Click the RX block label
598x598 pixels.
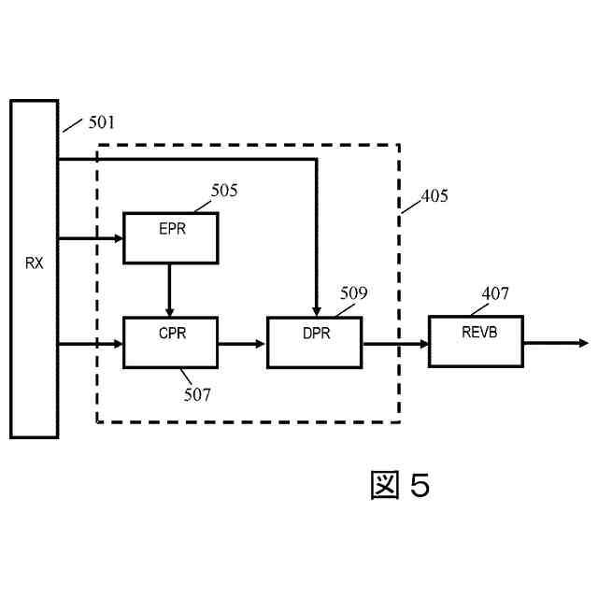coord(34,263)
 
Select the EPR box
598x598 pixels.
coord(171,237)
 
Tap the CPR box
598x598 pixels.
coord(171,343)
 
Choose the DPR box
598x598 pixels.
coord(314,343)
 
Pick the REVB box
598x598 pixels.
coord(476,342)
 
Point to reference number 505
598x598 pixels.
coord(223,191)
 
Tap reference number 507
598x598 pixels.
coord(197,394)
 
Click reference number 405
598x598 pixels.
coord(434,196)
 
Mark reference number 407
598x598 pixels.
coord(495,293)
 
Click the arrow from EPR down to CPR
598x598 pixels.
coord(169,290)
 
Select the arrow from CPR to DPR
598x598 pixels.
coord(242,344)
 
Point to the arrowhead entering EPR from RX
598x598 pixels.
coord(118,238)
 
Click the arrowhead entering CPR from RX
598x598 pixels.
coord(118,344)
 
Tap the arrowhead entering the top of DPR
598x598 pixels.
coord(318,311)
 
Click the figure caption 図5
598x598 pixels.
coord(399,486)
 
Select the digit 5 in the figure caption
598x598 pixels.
coord(419,486)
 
